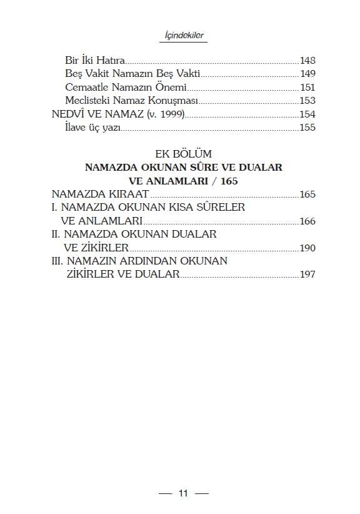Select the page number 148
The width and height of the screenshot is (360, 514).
[307, 61]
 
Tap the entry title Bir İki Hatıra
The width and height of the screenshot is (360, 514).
[95, 61]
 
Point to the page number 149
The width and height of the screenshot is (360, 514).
[307, 74]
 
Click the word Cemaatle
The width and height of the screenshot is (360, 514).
[85, 88]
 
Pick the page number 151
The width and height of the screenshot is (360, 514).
[307, 88]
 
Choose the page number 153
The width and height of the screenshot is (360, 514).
[307, 101]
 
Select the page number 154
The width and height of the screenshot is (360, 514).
[307, 114]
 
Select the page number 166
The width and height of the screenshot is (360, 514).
[307, 221]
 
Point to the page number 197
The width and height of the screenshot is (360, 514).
[307, 274]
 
